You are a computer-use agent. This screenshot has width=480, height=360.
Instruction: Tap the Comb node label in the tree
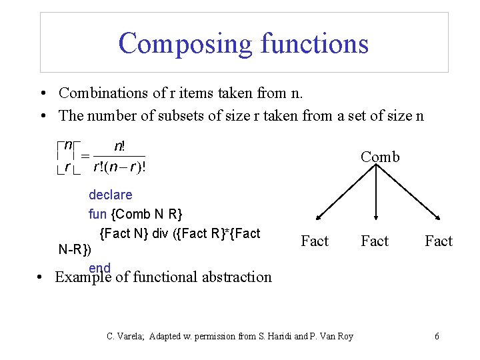pos(380,157)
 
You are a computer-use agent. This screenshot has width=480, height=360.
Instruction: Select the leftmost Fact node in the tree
pos(315,241)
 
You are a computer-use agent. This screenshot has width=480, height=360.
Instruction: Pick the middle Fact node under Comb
pos(375,241)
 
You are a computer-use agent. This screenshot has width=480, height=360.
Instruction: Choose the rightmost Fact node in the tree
pos(439,241)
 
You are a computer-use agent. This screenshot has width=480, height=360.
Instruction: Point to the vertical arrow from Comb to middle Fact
pos(377,193)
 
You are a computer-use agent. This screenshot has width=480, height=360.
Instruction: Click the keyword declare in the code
pos(110,195)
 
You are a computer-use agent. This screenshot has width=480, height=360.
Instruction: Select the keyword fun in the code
pos(97,214)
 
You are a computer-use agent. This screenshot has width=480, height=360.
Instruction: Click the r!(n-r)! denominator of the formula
pos(119,167)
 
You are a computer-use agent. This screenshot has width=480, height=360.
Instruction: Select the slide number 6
pos(437,336)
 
